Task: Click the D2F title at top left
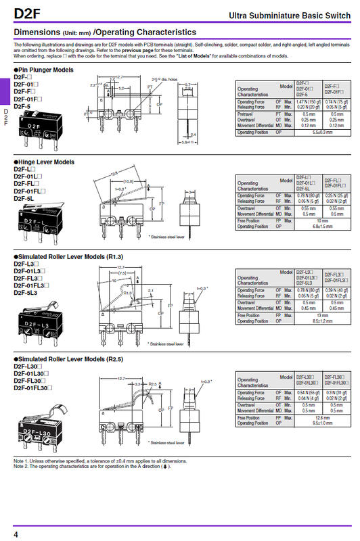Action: [x=26, y=14]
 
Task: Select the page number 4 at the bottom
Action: [x=16, y=534]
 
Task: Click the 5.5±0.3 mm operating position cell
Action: [x=321, y=133]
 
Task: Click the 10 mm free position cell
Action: [x=321, y=220]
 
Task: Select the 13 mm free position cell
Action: [x=321, y=315]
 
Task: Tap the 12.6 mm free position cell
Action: [x=321, y=417]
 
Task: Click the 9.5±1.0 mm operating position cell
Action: [x=321, y=423]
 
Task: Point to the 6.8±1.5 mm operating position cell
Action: [x=321, y=226]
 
